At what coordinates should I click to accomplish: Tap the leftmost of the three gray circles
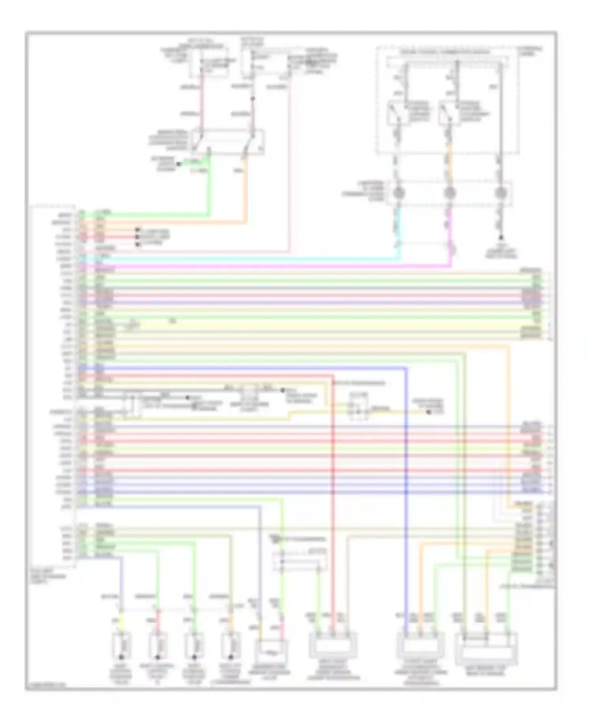(x=399, y=193)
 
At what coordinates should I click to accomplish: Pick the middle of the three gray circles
(x=450, y=193)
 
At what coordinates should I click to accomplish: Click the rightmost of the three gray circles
(x=501, y=193)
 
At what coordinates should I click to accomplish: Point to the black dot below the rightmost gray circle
(x=501, y=237)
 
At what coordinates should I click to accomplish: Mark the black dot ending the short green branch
(x=178, y=164)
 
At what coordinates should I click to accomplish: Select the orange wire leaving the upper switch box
(x=246, y=190)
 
